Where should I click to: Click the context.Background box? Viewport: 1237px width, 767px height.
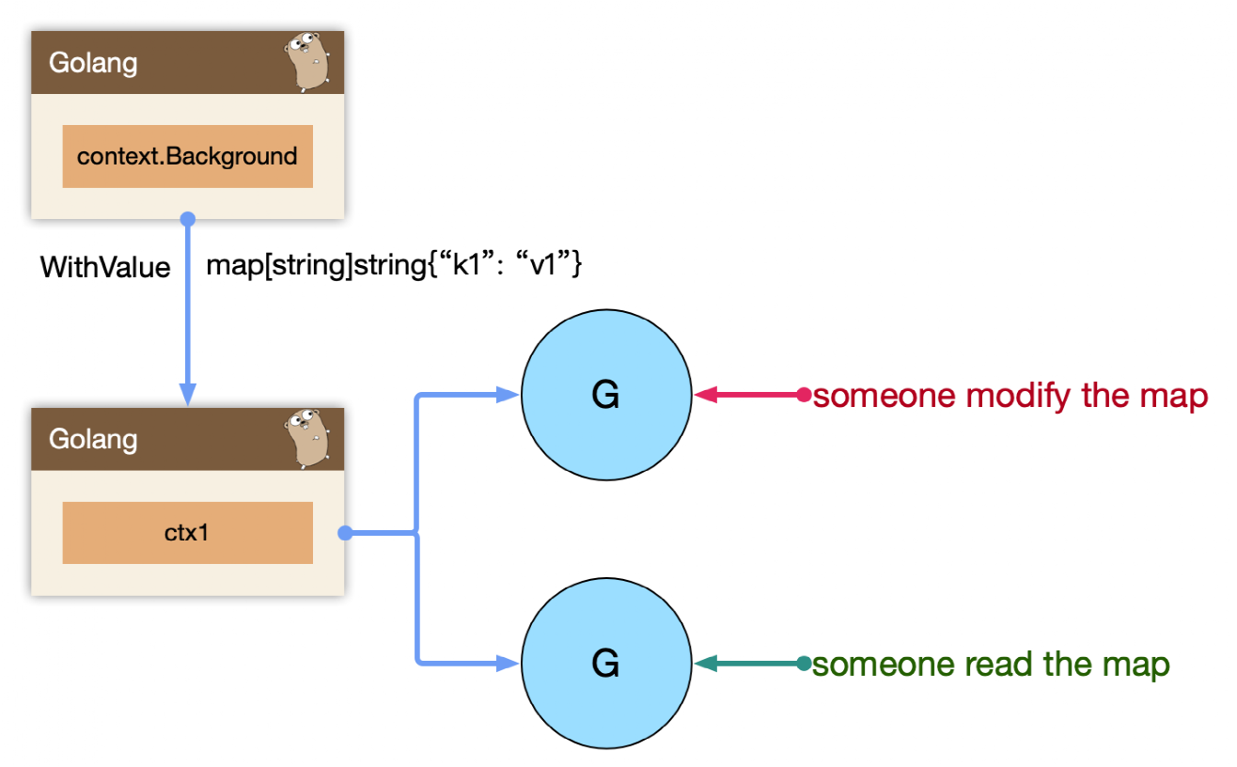188,156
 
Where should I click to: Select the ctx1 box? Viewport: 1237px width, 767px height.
188,533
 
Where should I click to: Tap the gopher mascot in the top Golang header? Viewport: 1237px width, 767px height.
307,62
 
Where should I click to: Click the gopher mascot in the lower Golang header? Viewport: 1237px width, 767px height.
307,439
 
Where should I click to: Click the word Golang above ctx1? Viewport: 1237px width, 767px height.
93,440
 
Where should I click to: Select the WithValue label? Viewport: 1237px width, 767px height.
105,268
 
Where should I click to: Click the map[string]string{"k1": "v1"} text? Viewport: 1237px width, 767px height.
394,265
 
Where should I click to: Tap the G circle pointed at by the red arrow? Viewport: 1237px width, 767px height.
606,395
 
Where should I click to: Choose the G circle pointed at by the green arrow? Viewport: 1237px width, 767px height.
606,664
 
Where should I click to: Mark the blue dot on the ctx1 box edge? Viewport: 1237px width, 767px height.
345,533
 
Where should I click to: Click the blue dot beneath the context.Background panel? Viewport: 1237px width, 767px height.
188,219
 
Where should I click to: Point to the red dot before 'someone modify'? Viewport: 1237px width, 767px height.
804,395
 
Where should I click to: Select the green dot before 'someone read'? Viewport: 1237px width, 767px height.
804,664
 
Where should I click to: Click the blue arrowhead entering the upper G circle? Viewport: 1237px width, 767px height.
507,395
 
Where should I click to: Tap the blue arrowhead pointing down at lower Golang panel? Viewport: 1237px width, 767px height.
188,395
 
